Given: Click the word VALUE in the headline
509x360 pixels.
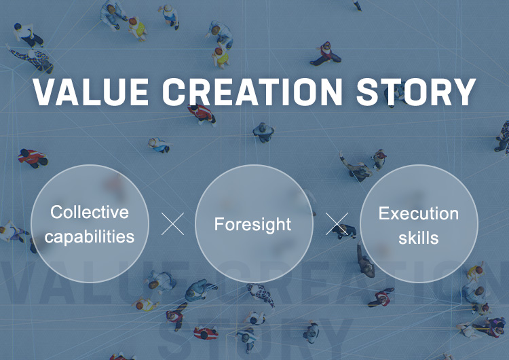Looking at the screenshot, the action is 91,92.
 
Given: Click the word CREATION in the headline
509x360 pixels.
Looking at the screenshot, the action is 252,92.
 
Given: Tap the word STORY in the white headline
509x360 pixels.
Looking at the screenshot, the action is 416,92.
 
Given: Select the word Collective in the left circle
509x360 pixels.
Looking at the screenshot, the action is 90,212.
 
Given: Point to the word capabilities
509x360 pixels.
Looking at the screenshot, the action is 90,237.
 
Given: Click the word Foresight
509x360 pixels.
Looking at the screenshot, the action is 252,225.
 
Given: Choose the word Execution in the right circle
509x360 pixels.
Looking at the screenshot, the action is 419,213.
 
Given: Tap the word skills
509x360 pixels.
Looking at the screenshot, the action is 419,238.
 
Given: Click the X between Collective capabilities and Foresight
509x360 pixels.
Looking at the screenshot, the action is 172,224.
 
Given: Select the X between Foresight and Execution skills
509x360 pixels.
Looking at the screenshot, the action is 337,224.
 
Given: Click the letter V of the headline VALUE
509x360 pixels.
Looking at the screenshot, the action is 45,92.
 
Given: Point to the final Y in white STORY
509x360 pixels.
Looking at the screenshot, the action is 464,92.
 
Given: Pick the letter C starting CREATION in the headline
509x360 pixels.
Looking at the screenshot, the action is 174,92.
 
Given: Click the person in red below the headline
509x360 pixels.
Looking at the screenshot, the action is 202,114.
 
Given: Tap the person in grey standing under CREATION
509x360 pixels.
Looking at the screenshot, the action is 263,132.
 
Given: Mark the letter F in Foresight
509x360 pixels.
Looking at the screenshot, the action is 219,224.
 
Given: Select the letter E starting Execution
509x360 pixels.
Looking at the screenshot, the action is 383,213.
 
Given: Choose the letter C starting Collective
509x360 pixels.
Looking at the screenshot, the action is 57,212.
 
